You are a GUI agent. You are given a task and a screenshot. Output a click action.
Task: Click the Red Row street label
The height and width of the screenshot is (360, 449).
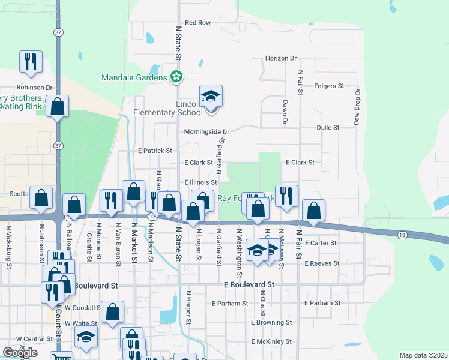pyautogui.click(x=197, y=23)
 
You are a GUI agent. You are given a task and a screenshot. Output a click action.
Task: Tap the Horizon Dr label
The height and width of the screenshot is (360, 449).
pyautogui.click(x=280, y=58)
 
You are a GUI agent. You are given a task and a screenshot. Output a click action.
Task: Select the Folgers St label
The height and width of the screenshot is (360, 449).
pyautogui.click(x=328, y=86)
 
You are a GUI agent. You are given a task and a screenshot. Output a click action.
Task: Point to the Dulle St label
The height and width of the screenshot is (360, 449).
pyautogui.click(x=328, y=128)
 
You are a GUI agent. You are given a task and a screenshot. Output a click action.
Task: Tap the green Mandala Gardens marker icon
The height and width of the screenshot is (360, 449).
pyautogui.click(x=176, y=77)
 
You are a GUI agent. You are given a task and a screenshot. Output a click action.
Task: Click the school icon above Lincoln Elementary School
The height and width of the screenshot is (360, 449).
pyautogui.click(x=211, y=96)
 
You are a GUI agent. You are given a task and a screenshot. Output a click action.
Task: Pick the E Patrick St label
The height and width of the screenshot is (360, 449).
pyautogui.click(x=155, y=151)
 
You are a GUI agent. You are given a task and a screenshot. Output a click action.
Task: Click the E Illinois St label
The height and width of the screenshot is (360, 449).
pyautogui.click(x=200, y=182)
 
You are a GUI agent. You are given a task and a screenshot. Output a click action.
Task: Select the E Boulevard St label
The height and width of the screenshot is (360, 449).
pyautogui.click(x=249, y=284)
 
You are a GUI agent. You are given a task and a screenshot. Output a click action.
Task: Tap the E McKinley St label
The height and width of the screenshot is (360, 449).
pyautogui.click(x=272, y=341)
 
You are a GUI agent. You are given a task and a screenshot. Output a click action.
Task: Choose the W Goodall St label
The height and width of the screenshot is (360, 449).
pyautogui.click(x=81, y=308)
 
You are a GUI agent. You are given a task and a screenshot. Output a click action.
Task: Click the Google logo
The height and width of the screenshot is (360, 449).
pyautogui.click(x=20, y=352)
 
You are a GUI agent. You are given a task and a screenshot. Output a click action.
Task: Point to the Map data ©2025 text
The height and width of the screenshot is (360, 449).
pyautogui.click(x=423, y=355)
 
